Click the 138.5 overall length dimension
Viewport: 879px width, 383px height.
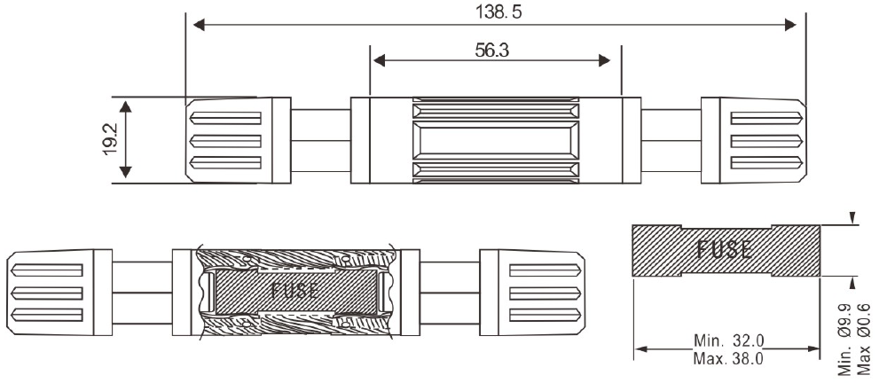(498, 12)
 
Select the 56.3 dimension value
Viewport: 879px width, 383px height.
(491, 51)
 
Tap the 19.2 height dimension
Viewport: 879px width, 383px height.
(109, 139)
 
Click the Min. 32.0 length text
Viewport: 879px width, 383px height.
(728, 340)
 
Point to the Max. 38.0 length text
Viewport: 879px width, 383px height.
(728, 358)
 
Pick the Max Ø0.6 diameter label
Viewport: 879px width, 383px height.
(864, 340)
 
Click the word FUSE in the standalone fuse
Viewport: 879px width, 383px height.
(725, 249)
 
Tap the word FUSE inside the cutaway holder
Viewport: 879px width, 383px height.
(295, 290)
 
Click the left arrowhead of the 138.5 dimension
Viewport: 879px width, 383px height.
(199, 25)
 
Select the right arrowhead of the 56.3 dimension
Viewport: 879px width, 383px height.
(604, 60)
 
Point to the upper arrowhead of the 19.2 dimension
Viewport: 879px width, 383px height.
(126, 107)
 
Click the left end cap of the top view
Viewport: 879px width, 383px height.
(238, 140)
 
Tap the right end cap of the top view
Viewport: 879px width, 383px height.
(754, 140)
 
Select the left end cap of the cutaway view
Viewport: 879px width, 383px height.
(59, 293)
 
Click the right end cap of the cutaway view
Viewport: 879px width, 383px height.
(532, 293)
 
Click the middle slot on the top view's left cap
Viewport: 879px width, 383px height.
(226, 140)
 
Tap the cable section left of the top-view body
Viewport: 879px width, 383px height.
(321, 141)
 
